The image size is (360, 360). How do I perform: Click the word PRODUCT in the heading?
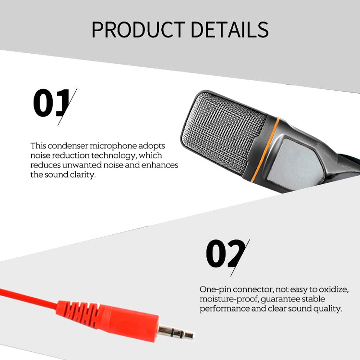[x=139, y=30]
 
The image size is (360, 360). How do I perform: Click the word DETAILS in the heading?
[x=230, y=30]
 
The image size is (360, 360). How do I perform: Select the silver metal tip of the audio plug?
[x=176, y=332]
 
